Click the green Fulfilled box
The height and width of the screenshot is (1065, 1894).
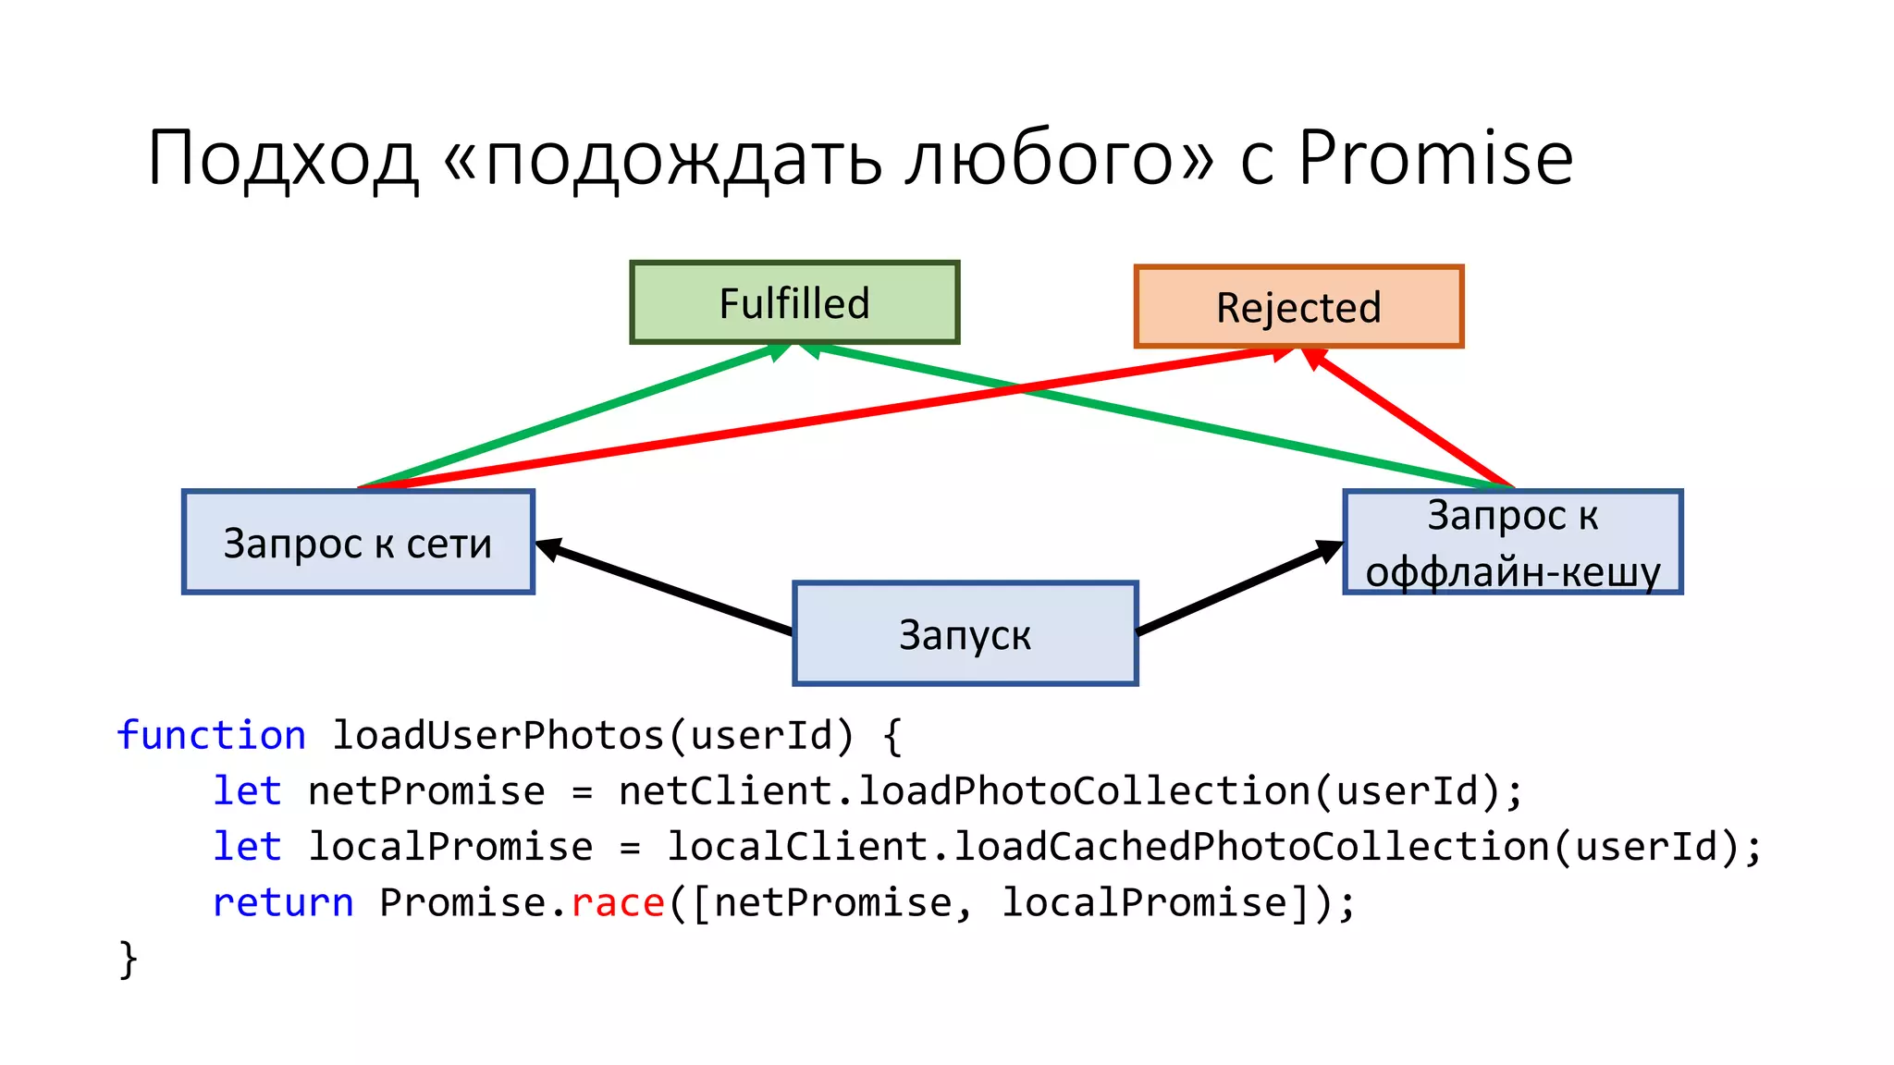click(794, 303)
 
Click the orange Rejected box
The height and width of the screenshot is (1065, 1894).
click(1298, 307)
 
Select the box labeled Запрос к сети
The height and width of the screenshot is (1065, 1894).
click(358, 543)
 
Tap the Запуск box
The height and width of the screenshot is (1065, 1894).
click(965, 634)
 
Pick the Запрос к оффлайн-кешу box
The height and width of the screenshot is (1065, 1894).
click(1512, 543)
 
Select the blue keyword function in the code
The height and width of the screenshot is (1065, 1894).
click(212, 736)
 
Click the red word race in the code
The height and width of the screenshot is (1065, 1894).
click(618, 902)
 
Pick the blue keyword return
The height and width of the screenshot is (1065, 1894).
click(283, 902)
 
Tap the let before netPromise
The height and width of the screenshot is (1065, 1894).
click(247, 791)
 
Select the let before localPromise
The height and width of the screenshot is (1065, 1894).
click(247, 847)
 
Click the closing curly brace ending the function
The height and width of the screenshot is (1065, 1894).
click(129, 958)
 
